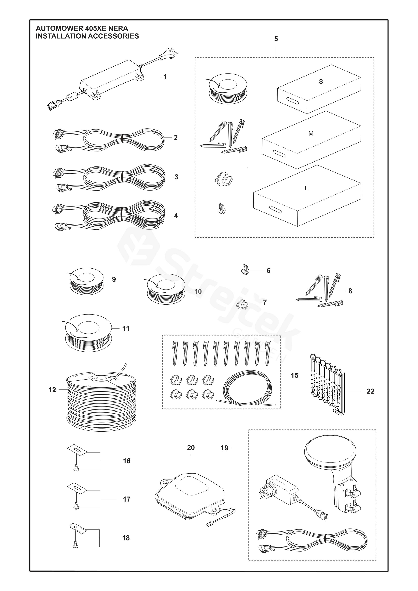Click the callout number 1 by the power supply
[x=165, y=77]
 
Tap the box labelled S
[x=319, y=89]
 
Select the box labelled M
[x=312, y=140]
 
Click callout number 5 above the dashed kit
[x=276, y=39]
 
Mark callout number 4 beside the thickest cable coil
[x=176, y=216]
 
